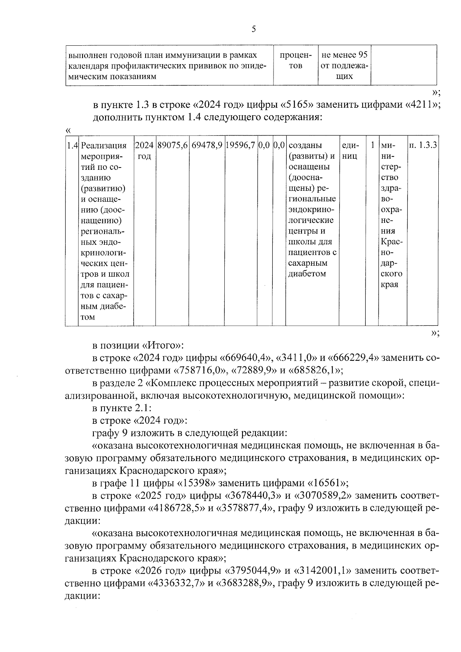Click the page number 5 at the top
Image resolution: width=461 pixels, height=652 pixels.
pyautogui.click(x=253, y=30)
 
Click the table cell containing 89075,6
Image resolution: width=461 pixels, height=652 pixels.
pyautogui.click(x=172, y=146)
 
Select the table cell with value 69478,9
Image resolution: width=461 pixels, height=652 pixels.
pyautogui.click(x=207, y=146)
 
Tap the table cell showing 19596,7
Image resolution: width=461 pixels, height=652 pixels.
pyautogui.click(x=240, y=146)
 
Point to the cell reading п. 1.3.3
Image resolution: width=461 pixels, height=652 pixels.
pyautogui.click(x=423, y=146)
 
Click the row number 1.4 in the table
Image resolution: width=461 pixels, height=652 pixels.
pyautogui.click(x=72, y=146)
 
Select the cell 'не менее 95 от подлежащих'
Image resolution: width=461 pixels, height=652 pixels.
pyautogui.click(x=344, y=66)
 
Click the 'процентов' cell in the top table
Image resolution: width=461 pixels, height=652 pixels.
pyautogui.click(x=295, y=61)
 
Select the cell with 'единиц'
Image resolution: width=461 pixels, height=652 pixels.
pyautogui.click(x=350, y=151)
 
